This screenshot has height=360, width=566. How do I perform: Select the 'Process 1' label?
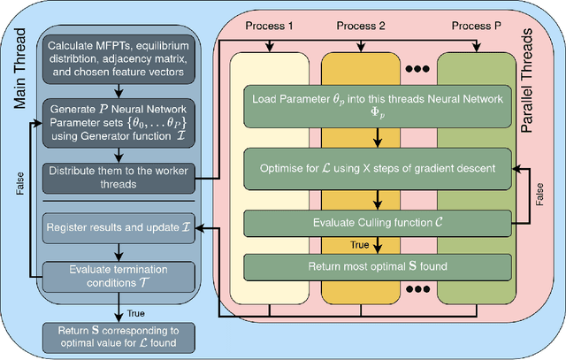point(270,26)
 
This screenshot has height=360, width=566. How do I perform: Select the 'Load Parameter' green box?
point(378,105)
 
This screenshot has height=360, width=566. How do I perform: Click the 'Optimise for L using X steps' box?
point(378,167)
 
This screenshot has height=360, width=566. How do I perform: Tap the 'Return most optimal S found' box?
point(378,266)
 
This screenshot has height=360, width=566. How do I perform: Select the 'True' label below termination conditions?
point(135,311)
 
